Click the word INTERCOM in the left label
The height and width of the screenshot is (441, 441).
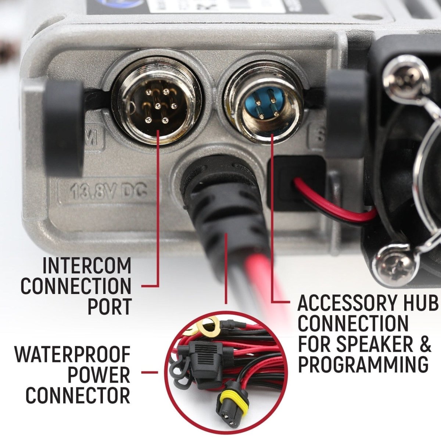coord(87,266)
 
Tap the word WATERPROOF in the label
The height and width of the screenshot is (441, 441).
coord(73,355)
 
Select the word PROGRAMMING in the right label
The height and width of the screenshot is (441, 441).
coord(363,364)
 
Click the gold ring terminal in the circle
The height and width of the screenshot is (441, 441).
coord(206,325)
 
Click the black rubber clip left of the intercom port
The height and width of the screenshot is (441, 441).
coord(64,121)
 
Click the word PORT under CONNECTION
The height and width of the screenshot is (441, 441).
coord(109,306)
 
